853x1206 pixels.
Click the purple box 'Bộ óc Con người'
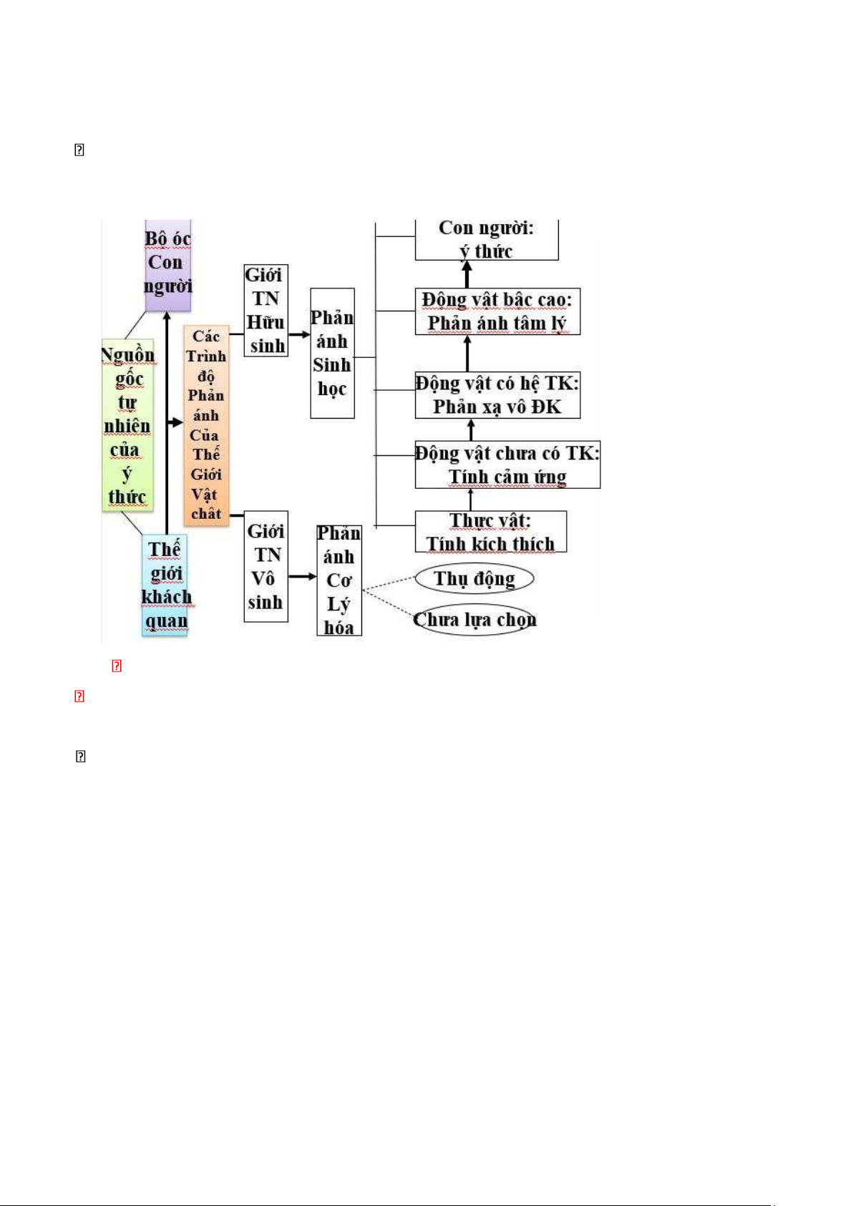(167, 263)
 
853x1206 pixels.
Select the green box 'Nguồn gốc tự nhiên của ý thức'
(127, 425)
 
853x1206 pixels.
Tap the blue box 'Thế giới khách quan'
(165, 585)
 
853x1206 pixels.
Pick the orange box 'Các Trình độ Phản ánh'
(206, 425)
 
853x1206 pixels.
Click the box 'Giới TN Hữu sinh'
(265, 310)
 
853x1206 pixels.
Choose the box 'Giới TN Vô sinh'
(265, 566)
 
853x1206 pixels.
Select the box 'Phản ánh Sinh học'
(332, 353)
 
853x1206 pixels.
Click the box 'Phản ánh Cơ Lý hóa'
(338, 580)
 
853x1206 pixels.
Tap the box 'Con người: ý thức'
(486, 240)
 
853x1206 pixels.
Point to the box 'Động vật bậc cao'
(497, 311)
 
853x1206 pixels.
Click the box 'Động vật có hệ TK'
(497, 395)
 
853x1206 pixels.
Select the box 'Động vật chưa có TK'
(507, 465)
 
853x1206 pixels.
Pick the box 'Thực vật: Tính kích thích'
(491, 532)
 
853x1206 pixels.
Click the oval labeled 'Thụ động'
(474, 578)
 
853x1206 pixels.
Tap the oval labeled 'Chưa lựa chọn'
(474, 620)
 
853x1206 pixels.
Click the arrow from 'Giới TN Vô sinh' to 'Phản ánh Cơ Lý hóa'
(303, 576)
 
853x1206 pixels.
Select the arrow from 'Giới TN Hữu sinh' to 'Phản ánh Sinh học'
(299, 334)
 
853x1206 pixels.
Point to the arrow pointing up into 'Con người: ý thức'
(467, 274)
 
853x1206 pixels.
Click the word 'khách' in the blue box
(166, 597)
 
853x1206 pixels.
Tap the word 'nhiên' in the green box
(127, 427)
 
